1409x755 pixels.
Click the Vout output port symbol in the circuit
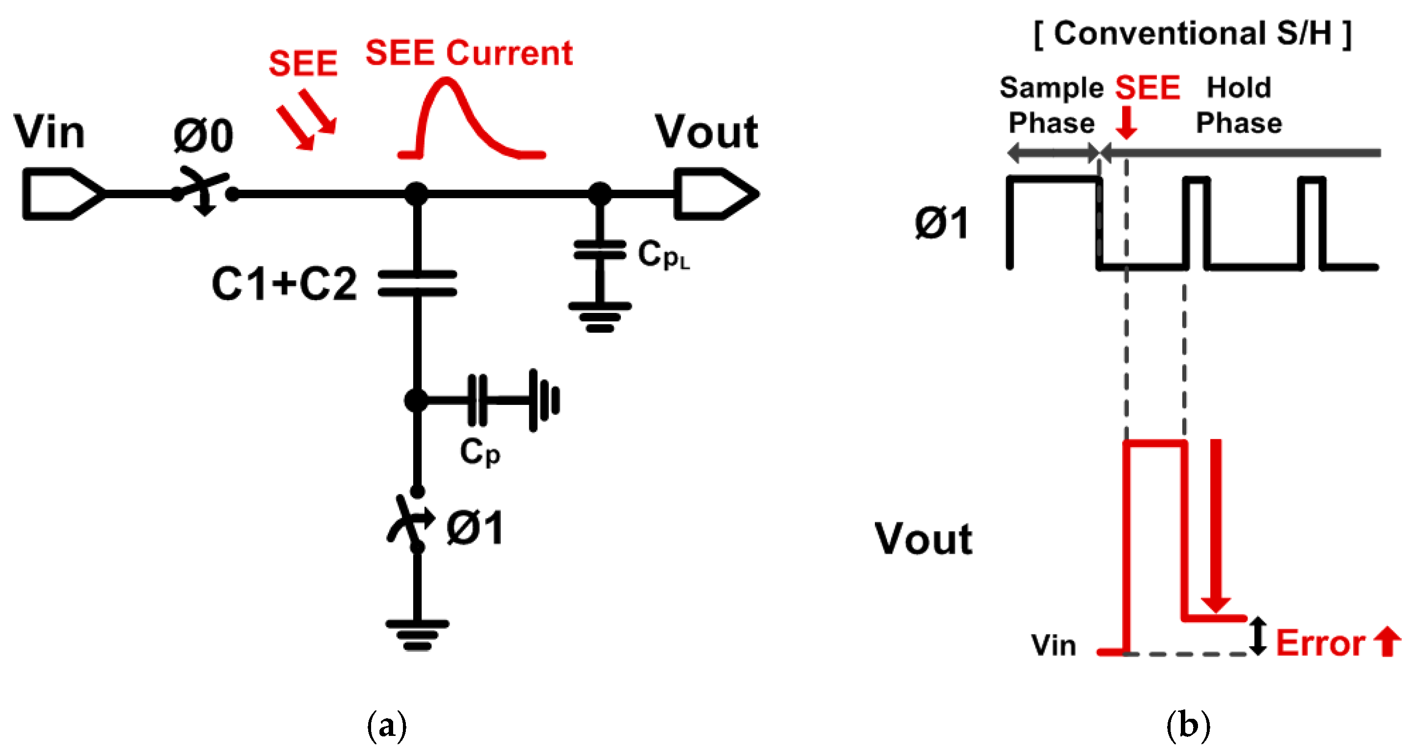pos(714,194)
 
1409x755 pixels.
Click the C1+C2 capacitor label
pos(284,284)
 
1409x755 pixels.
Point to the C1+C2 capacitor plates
pos(417,283)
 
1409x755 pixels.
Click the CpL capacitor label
pos(662,255)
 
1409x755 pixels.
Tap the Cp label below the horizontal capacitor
pos(480,452)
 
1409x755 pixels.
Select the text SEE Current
pos(468,54)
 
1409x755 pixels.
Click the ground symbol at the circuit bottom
pos(417,635)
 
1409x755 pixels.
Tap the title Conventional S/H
pos(1193,34)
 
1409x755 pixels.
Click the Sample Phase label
pos(1051,105)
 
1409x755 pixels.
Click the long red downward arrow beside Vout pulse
pos(1215,525)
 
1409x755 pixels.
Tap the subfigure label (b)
pos(1188,726)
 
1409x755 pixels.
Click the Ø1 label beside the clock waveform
pos(941,223)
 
